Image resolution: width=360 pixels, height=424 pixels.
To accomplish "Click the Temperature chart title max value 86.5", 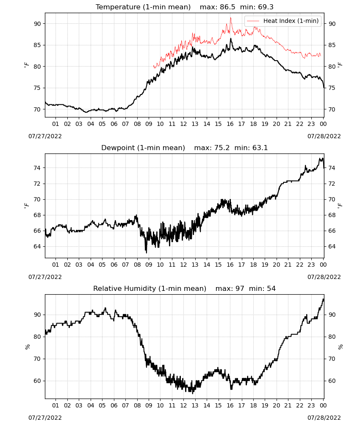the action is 227,7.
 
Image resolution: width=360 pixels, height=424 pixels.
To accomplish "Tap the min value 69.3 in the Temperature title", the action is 266,7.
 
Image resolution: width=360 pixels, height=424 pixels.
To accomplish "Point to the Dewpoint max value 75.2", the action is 222,148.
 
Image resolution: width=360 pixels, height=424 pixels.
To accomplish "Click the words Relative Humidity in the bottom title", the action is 125,288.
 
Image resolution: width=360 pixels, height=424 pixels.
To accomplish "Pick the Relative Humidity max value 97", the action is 240,288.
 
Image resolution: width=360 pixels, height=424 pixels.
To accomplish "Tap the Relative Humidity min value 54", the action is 271,288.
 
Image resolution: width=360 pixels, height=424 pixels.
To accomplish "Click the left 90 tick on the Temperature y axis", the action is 37,24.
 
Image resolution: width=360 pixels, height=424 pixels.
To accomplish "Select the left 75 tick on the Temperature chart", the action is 37,88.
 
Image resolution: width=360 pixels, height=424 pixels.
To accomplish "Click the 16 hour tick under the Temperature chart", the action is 230,124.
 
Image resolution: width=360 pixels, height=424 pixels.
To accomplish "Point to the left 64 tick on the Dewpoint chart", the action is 37,246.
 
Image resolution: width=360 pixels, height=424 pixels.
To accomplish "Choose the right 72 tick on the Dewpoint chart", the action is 332,184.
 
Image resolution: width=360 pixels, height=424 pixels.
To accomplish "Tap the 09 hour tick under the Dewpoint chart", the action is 149,265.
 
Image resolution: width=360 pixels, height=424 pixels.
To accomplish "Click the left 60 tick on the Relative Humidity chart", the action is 37,381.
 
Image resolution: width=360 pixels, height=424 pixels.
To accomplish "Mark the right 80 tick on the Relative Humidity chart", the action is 332,337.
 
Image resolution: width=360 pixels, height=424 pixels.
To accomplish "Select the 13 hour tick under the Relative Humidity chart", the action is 195,405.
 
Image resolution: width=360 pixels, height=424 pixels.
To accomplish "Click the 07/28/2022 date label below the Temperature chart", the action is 324,136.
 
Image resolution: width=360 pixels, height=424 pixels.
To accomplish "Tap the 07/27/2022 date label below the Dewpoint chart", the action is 45,277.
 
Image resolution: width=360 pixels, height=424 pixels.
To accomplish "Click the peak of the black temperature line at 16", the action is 231,39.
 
